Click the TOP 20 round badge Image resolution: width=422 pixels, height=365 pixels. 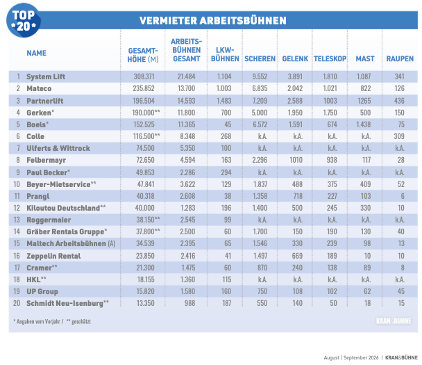[x=24, y=20]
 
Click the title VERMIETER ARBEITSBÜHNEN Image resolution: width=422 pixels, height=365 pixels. [x=213, y=21]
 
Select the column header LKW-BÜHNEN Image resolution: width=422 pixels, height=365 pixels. [x=225, y=54]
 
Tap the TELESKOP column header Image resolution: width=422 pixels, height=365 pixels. [x=330, y=59]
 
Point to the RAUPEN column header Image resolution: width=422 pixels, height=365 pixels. [x=400, y=59]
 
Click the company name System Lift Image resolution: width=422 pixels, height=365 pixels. [x=46, y=77]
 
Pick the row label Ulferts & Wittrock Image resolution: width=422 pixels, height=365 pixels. [x=58, y=148]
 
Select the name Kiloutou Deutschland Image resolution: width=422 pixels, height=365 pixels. [x=63, y=208]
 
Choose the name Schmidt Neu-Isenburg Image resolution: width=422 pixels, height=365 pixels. [x=65, y=304]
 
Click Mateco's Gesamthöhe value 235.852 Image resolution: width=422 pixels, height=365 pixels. [x=144, y=88]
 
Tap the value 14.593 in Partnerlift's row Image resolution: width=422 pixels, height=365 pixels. [x=186, y=101]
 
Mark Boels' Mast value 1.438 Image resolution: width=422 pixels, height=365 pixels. [x=364, y=124]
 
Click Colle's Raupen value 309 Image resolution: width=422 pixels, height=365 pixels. [x=399, y=136]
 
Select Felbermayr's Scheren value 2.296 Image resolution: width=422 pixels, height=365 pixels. [x=260, y=160]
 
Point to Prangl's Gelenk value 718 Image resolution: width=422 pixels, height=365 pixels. [x=298, y=196]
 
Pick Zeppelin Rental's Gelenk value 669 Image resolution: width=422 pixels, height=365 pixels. [x=297, y=256]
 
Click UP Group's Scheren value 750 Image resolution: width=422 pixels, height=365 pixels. [x=262, y=291]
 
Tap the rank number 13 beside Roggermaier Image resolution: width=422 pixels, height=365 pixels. [x=17, y=220]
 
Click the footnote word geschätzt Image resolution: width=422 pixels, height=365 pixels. [x=81, y=322]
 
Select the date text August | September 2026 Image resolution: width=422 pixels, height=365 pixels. [x=351, y=358]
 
